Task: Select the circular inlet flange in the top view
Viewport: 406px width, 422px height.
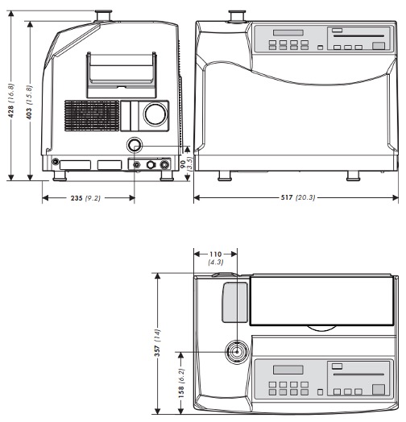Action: (238, 352)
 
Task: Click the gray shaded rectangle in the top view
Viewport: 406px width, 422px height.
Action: (233, 301)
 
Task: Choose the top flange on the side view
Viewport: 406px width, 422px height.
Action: (102, 14)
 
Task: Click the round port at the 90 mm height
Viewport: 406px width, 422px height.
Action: (134, 146)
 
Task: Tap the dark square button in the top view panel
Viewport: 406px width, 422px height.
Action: (378, 391)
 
